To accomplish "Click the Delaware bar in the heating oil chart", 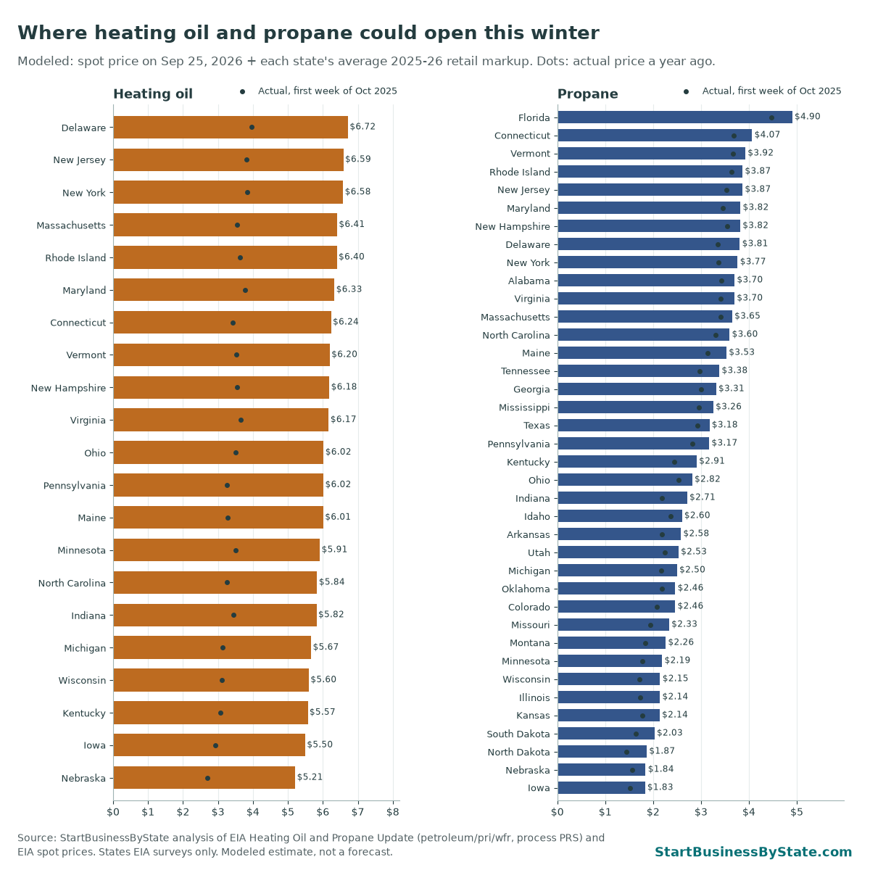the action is pyautogui.click(x=231, y=128).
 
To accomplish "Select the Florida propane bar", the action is pyautogui.click(x=675, y=117).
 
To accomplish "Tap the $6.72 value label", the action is pyautogui.click(x=362, y=126).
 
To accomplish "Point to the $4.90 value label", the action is pyautogui.click(x=807, y=117).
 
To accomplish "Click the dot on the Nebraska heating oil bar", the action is pyautogui.click(x=207, y=778).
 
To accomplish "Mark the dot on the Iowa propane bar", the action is pyautogui.click(x=630, y=788).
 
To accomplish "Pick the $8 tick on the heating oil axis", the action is pyautogui.click(x=393, y=812).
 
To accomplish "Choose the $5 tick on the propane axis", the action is pyautogui.click(x=797, y=812).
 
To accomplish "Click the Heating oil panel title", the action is pyautogui.click(x=152, y=94).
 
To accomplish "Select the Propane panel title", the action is pyautogui.click(x=587, y=94).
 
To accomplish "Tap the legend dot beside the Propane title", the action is pyautogui.click(x=687, y=91).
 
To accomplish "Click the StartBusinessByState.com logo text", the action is pyautogui.click(x=753, y=851).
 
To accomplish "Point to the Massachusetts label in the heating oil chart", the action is pyautogui.click(x=71, y=225).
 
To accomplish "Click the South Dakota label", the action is pyautogui.click(x=518, y=734).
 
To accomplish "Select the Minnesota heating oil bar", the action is pyautogui.click(x=216, y=550).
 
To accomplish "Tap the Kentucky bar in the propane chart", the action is pyautogui.click(x=627, y=461).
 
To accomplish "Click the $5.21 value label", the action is pyautogui.click(x=310, y=776).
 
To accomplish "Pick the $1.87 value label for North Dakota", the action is pyautogui.click(x=662, y=750).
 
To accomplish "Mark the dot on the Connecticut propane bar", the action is pyautogui.click(x=734, y=136).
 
